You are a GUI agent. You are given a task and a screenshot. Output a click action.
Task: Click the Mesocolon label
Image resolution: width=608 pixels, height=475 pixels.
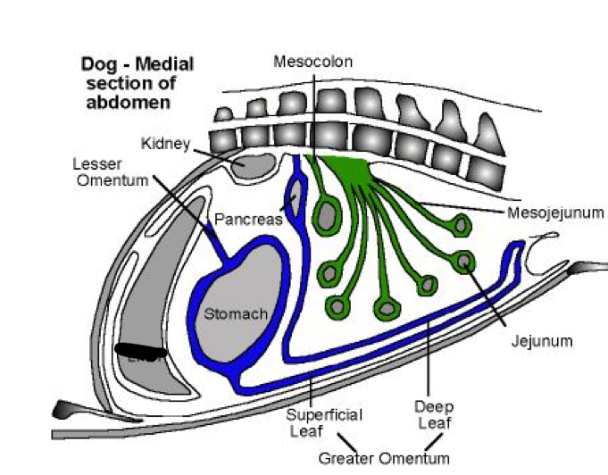pos(313,62)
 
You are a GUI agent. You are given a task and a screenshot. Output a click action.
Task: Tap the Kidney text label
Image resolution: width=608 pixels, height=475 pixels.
pos(163,143)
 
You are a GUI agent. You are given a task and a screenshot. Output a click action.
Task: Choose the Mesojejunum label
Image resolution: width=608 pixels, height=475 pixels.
pos(555,213)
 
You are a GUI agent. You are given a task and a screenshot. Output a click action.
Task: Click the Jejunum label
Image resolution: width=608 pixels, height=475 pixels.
pos(541,340)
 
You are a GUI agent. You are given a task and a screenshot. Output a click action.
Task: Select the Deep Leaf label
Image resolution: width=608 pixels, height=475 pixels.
pos(432,416)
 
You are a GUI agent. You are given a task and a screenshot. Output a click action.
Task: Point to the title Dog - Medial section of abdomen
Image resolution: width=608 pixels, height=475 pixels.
pos(137,83)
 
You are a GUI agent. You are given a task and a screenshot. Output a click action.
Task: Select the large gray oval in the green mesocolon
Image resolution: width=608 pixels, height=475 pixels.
pos(328,215)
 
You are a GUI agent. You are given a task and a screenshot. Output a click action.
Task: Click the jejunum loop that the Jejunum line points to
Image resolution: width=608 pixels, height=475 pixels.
pos(464,262)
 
